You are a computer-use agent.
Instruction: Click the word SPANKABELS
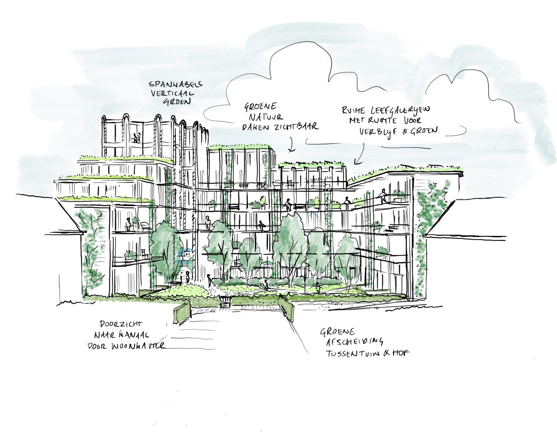175,84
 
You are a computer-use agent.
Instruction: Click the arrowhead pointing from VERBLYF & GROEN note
356,163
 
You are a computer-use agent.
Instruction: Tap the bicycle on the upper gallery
262,186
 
